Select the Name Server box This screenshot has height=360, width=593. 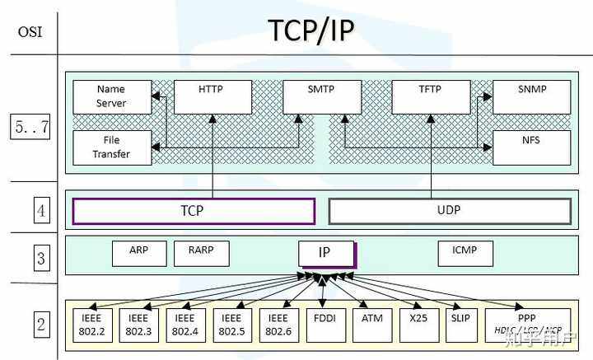(111, 96)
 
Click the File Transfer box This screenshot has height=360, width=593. (111, 147)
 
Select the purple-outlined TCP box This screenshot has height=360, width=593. (194, 211)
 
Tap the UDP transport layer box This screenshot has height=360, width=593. (449, 211)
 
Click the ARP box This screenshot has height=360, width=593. (139, 253)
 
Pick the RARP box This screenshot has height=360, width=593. (202, 253)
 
